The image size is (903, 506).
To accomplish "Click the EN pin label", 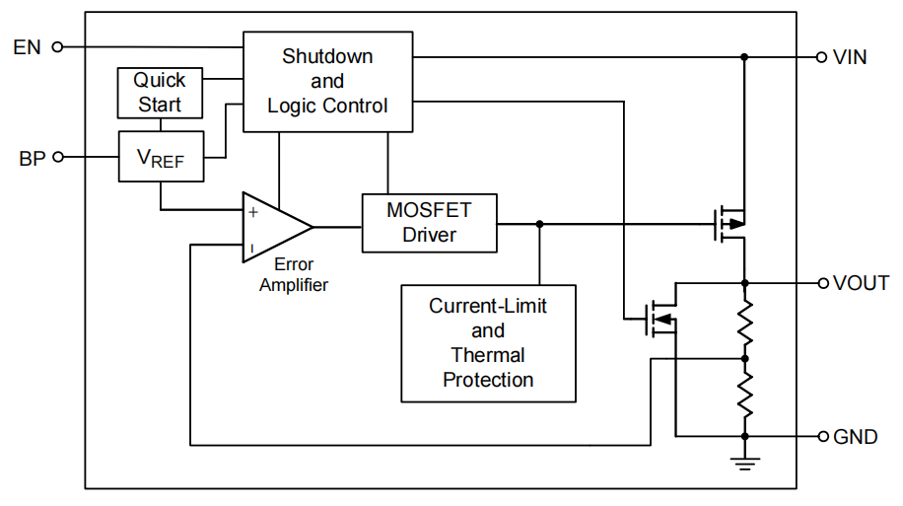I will pos(27,46).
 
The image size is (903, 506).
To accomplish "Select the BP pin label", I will pos(32,157).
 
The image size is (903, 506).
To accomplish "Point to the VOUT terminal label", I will pos(862,283).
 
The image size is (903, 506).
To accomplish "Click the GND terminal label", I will pos(855,436).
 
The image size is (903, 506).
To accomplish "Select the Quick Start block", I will pos(160,92).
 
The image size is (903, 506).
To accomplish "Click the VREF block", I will pos(160,157).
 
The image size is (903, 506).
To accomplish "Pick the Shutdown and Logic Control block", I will pos(327,81).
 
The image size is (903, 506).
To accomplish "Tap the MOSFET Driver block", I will pos(429,223).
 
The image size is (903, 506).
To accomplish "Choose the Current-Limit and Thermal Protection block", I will pos(488,342).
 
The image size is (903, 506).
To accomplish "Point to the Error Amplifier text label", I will pos(294,275).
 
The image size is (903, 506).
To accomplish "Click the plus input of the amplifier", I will pos(253,210).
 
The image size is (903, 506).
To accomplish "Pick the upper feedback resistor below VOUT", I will pos(745,321).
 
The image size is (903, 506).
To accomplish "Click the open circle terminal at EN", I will pos(56,46).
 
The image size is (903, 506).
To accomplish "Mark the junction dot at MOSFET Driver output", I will pos(539,224).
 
